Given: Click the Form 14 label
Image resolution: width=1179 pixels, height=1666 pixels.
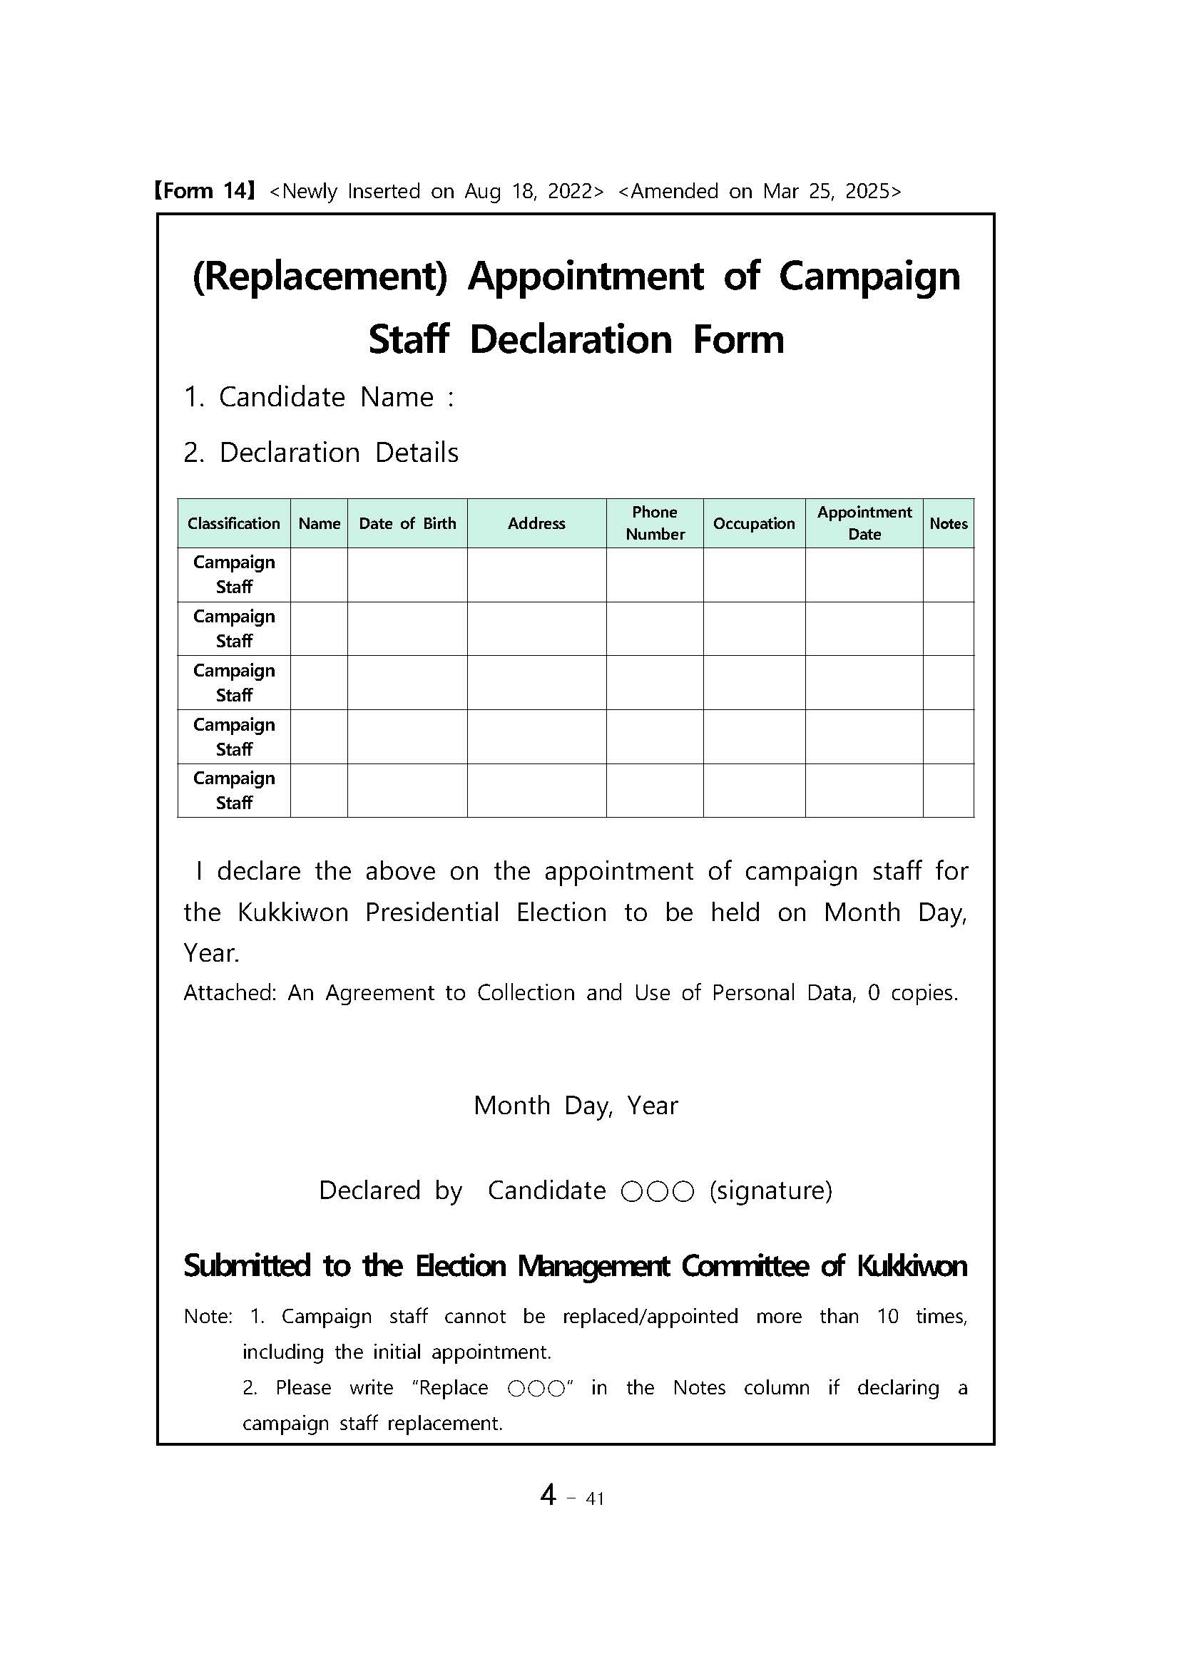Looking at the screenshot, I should click(x=204, y=191).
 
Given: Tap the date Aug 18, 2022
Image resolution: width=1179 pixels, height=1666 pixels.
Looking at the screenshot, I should click(x=534, y=192).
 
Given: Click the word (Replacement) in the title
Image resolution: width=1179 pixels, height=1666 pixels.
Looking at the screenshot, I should click(x=320, y=277).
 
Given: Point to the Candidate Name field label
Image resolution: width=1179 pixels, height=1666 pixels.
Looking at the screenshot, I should click(x=319, y=397).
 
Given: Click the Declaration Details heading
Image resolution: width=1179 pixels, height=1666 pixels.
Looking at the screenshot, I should click(x=321, y=453).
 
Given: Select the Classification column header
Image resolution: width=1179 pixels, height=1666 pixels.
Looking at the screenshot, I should click(x=234, y=523).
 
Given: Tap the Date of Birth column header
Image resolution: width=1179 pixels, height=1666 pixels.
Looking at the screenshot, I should click(x=407, y=523).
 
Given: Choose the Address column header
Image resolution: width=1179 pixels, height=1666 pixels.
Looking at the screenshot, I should click(x=536, y=523).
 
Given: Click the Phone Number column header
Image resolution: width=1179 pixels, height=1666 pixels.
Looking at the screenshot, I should click(x=655, y=523).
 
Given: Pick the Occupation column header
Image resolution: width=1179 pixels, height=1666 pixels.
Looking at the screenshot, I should click(x=754, y=523).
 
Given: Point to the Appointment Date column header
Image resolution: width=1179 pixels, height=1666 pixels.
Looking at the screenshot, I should click(x=864, y=523).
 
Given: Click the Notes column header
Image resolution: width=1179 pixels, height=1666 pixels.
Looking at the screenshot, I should click(x=948, y=523).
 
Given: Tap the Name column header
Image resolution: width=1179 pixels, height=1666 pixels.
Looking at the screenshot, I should click(x=320, y=523).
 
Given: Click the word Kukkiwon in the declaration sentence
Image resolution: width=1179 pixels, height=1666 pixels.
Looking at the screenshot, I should click(x=293, y=912).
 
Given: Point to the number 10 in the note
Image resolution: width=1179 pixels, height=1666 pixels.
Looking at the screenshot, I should click(x=887, y=1317).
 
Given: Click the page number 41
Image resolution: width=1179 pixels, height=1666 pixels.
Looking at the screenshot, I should click(x=595, y=1498).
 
